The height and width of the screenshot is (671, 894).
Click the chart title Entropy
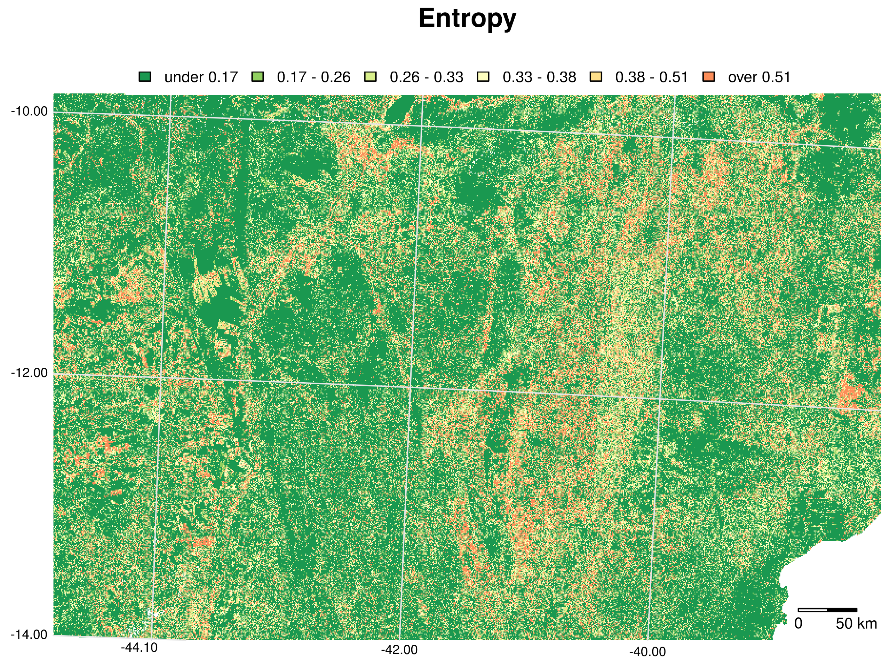pyautogui.click(x=467, y=19)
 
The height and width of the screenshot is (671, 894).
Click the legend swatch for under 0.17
pyautogui.click(x=145, y=77)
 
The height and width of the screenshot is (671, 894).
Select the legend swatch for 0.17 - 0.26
pyautogui.click(x=257, y=77)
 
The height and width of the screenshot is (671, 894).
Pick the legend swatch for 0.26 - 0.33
pyautogui.click(x=370, y=77)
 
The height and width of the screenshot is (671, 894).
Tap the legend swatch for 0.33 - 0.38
pyautogui.click(x=483, y=77)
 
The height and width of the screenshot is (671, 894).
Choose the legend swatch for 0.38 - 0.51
pyautogui.click(x=596, y=77)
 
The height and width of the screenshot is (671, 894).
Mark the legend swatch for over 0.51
pyautogui.click(x=709, y=77)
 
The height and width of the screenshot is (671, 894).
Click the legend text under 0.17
pyautogui.click(x=201, y=77)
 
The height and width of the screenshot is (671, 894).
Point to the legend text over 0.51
pyautogui.click(x=759, y=77)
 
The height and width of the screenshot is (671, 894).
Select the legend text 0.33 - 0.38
pyautogui.click(x=539, y=77)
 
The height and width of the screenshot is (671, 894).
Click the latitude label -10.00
pyautogui.click(x=29, y=111)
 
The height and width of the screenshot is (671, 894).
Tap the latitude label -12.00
pyautogui.click(x=29, y=373)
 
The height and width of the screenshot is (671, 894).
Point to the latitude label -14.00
pyautogui.click(x=29, y=635)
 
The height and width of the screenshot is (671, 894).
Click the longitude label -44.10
pyautogui.click(x=139, y=648)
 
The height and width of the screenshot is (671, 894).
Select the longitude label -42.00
pyautogui.click(x=399, y=650)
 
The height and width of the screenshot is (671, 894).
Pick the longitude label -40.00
pyautogui.click(x=647, y=652)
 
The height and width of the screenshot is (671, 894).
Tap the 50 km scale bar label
pyautogui.click(x=856, y=624)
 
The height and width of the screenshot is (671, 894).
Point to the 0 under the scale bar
pyautogui.click(x=798, y=624)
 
